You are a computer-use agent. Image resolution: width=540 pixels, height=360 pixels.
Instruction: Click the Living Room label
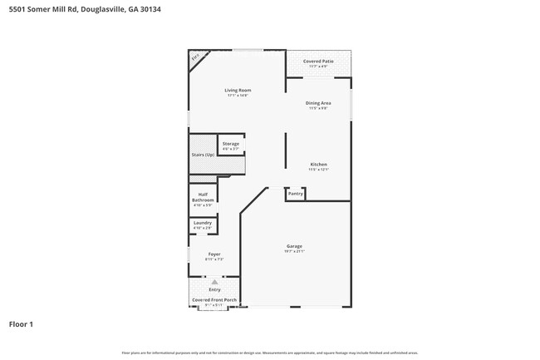pos(238,91)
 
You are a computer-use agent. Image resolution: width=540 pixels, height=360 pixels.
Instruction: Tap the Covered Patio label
pos(318,62)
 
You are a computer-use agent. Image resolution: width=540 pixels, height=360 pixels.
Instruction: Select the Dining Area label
pos(319,103)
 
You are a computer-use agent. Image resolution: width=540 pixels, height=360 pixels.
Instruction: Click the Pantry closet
pos(296,194)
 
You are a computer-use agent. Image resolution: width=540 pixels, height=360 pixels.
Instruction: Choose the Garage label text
pos(294,246)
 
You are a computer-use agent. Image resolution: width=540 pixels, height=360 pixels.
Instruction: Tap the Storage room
pos(230,145)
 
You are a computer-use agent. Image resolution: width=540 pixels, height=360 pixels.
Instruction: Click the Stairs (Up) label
pos(204,155)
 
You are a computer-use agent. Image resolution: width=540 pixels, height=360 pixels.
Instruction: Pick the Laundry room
pos(203,224)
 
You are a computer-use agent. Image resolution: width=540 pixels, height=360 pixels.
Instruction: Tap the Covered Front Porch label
pos(214,299)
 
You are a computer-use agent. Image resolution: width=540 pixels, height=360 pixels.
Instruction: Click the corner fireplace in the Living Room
pos(196,58)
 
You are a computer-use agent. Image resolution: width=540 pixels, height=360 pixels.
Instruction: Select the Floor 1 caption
pos(22,323)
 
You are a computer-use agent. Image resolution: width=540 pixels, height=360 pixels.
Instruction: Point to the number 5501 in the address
pos(17,7)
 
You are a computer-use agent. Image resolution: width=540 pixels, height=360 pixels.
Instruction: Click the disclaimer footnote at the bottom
pos(269,353)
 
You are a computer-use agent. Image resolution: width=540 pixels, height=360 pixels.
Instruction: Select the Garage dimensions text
pos(294,252)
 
